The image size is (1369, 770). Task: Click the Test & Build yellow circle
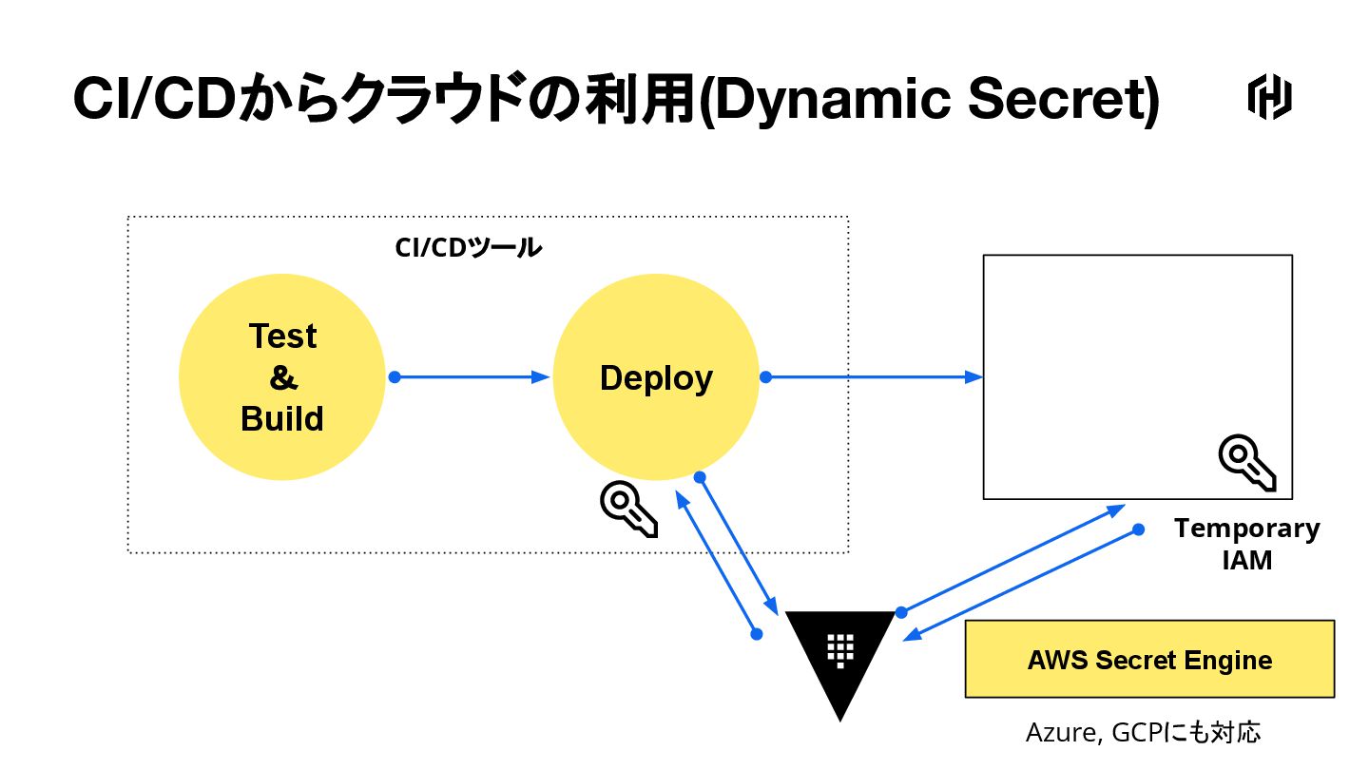282,377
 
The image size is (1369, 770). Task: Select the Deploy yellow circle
656,377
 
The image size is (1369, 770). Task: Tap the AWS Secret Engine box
1149,660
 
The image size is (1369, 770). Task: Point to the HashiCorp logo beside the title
1269,99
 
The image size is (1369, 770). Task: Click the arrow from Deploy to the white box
871,377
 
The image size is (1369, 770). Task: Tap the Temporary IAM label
1246,544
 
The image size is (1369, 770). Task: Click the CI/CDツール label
468,248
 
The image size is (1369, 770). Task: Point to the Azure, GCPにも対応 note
1143,733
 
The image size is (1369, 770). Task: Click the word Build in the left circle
282,418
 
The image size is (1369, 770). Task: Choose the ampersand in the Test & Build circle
282,377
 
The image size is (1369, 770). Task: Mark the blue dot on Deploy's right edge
765,377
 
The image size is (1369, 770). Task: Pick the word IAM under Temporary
1246,561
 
